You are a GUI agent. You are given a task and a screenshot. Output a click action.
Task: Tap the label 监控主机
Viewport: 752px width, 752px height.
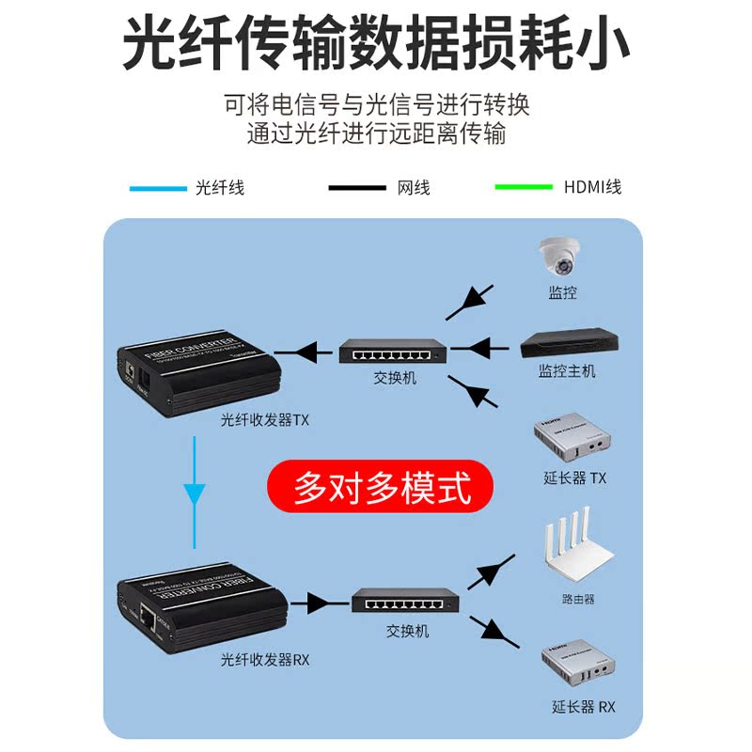coord(566,371)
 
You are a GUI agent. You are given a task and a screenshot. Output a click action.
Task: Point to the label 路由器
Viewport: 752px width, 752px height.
coord(577,599)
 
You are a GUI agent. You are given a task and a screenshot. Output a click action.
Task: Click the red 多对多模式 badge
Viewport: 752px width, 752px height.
coord(381,487)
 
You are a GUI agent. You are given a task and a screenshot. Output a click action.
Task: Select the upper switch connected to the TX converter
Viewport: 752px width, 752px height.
coord(394,352)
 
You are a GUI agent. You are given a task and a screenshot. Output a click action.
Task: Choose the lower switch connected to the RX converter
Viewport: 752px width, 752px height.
coord(406,603)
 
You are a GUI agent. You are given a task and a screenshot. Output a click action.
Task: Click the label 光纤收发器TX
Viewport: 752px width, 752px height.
coord(265,420)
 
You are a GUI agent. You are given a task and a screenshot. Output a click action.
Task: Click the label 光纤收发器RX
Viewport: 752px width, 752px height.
coord(265,660)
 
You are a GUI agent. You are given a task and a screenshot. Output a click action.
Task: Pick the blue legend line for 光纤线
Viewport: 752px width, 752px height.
coord(158,188)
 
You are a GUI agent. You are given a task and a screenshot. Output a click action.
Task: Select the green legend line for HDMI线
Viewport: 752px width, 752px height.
coord(524,187)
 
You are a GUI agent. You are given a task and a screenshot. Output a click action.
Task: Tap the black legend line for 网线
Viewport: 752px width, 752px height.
coord(357,188)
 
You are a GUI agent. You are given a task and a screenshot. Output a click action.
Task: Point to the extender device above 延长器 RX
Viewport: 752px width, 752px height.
coord(577,669)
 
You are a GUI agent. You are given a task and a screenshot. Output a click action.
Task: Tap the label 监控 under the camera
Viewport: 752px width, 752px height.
coord(562,293)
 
